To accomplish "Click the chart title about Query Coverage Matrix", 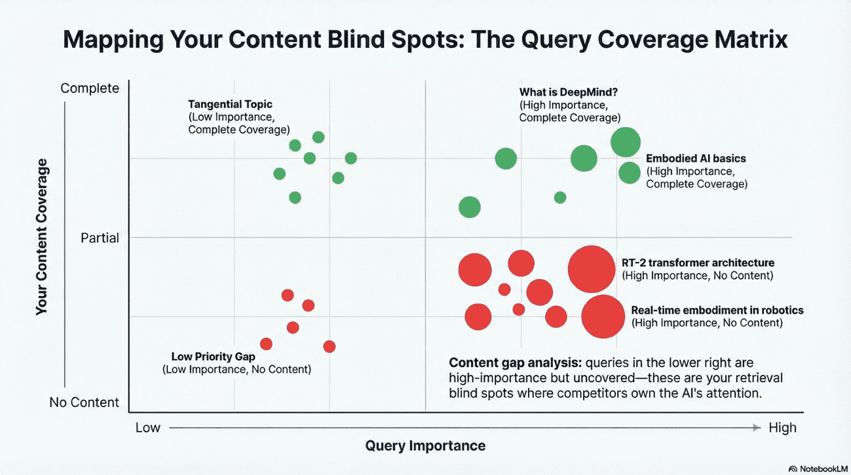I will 425,40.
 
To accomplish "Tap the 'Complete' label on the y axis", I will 90,88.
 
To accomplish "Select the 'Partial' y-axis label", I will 100,238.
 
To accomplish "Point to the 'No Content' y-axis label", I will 85,402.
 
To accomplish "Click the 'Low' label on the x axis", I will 147,428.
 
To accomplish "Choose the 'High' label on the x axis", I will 782,428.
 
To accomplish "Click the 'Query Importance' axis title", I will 425,446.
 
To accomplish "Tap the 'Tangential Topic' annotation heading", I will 230,104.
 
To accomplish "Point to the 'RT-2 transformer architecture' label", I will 698,263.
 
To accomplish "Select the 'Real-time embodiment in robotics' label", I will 717,311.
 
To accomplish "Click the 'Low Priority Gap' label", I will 212,357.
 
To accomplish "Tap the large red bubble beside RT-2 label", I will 592,269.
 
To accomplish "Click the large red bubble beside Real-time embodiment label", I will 603,316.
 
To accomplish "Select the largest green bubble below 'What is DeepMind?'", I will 625,142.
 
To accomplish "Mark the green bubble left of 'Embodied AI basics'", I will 629,173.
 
